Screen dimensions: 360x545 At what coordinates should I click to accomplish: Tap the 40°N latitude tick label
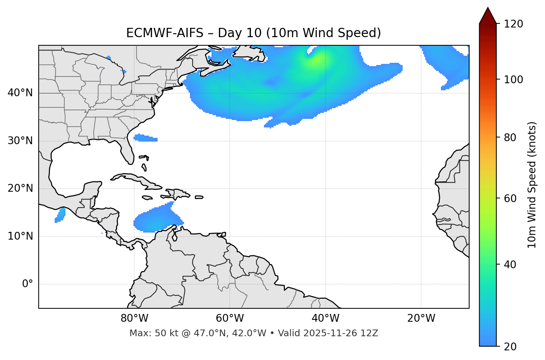click(20, 93)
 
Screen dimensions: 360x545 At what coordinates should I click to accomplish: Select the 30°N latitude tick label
click(20, 141)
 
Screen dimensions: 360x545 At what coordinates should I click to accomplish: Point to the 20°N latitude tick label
click(20, 188)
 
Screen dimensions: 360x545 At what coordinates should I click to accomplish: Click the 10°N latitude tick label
click(20, 236)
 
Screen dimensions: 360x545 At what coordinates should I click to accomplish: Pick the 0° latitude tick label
click(27, 284)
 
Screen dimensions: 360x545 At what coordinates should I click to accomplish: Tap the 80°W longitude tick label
click(134, 318)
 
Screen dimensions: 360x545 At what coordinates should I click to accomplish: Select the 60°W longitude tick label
click(230, 318)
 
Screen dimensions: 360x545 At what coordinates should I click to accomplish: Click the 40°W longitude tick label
click(325, 318)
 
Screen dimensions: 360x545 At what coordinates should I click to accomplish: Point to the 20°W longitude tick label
click(421, 318)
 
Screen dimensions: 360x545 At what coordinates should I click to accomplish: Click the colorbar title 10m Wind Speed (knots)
click(532, 185)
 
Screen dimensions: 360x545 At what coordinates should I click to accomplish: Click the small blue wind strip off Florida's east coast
click(145, 138)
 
